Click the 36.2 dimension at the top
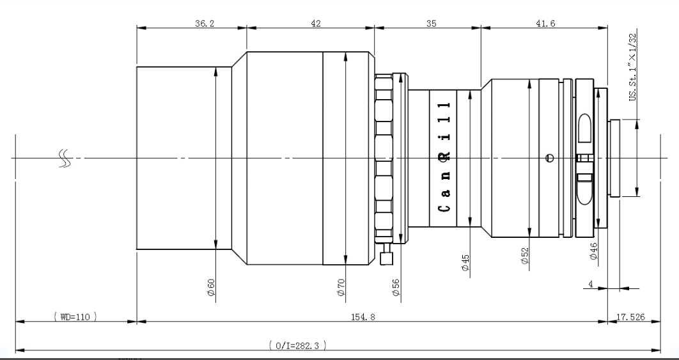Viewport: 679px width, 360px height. (205, 24)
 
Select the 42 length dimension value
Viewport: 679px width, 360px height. (316, 24)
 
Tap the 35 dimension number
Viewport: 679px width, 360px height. (432, 24)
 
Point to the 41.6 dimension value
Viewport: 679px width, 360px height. (545, 24)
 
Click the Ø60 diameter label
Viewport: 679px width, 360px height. (212, 287)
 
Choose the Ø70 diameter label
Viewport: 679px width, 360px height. (341, 287)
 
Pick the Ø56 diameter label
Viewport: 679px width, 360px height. (396, 287)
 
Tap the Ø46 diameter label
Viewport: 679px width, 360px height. (594, 251)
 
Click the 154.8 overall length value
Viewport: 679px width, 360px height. (363, 317)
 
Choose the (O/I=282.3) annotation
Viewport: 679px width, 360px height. (297, 345)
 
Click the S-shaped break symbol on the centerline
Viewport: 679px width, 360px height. (64, 158)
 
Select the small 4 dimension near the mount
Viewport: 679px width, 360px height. (591, 285)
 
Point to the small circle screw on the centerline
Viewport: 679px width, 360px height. (550, 158)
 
